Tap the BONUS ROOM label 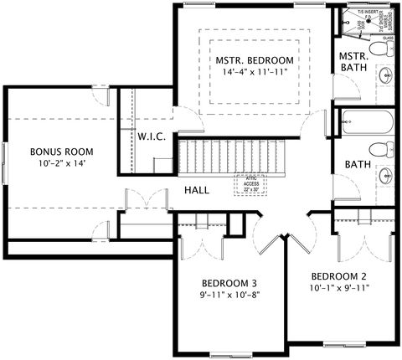point(61,152)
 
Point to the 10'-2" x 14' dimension point(61,164)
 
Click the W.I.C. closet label point(151,136)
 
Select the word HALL point(197,190)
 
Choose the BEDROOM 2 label point(339,275)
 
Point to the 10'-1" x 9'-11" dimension point(339,288)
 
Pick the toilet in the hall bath point(384,150)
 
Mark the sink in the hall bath point(385,177)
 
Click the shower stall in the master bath point(363,23)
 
